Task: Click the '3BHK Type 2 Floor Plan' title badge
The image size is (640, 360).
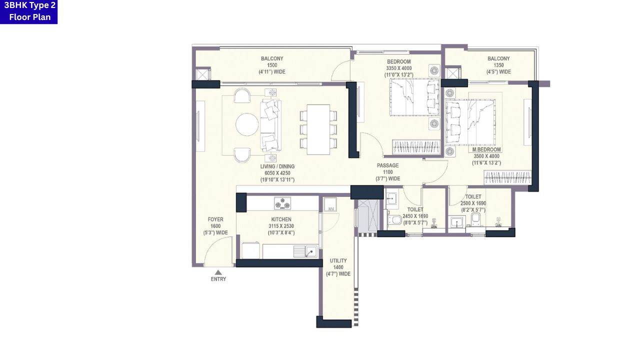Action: (28, 11)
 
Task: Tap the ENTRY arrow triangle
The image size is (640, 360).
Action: (218, 272)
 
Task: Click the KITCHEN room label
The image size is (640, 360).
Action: (281, 219)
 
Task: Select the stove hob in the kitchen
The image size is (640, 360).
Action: (282, 203)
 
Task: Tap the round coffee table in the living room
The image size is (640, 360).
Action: (247, 124)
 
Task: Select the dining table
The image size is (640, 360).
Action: (318, 129)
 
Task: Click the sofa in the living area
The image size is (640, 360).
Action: (270, 125)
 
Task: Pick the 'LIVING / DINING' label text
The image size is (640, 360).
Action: (277, 166)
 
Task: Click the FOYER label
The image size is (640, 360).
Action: (215, 219)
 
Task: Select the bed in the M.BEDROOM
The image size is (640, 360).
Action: (470, 121)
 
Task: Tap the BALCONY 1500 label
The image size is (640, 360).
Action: (272, 65)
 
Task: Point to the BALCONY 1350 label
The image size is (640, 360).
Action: (498, 65)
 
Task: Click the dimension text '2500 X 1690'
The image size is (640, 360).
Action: (473, 203)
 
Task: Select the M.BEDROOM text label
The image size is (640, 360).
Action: (486, 149)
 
